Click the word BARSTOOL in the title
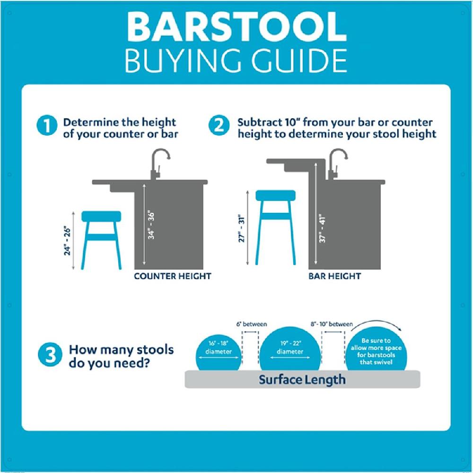(x=236, y=27)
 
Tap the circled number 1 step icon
(x=48, y=127)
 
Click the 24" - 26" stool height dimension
(x=68, y=240)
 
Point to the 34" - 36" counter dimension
(x=151, y=225)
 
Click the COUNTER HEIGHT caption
(x=172, y=276)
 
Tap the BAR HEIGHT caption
(x=335, y=276)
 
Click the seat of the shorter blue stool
(x=101, y=216)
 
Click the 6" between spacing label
(x=252, y=324)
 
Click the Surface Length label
(x=302, y=379)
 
